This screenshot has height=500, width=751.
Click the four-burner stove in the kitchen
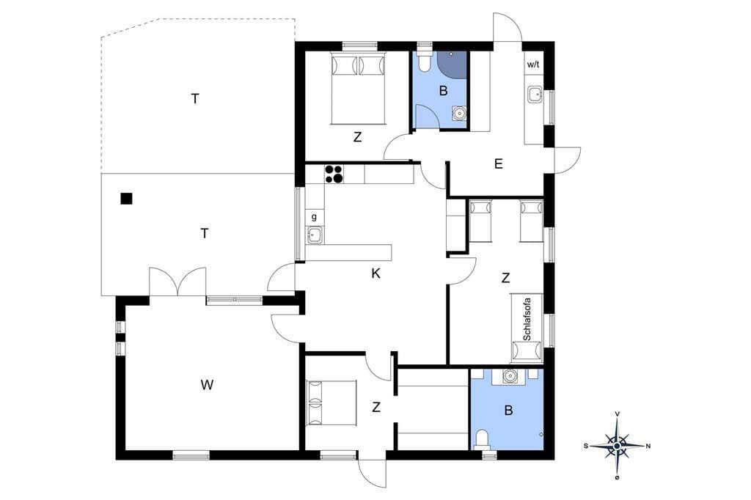[334, 174]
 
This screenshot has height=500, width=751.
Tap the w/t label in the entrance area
[533, 65]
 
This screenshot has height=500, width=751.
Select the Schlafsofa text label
[527, 318]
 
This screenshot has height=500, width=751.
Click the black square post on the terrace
[126, 198]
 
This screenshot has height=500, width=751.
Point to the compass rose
[618, 446]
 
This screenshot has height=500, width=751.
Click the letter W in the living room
[207, 384]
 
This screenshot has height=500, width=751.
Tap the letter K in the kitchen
[375, 273]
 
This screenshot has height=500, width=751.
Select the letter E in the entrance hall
[499, 164]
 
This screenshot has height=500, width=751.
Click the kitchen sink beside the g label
[315, 235]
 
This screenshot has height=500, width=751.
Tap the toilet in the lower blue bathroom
[483, 439]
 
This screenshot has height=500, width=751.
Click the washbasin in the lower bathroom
[510, 376]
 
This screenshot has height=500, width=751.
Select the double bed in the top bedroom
[358, 89]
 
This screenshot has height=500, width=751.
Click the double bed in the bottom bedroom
[332, 402]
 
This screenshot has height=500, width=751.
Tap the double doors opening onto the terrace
[177, 282]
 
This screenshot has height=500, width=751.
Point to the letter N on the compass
[648, 446]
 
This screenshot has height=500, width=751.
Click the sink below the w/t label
[535, 95]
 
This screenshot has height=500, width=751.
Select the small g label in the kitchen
[314, 217]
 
